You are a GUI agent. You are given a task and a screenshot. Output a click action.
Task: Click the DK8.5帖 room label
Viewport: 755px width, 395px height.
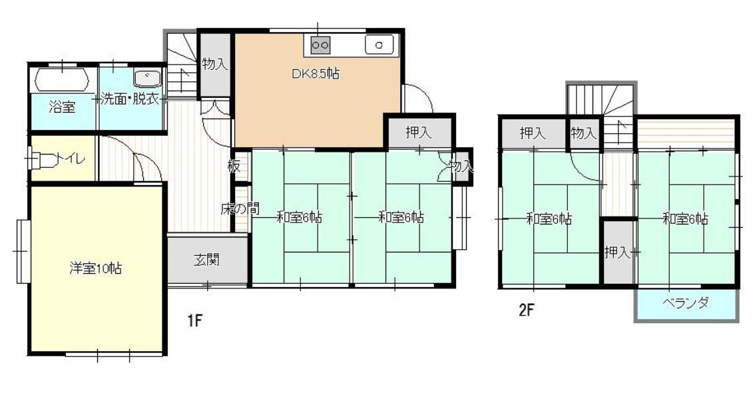pos(316,74)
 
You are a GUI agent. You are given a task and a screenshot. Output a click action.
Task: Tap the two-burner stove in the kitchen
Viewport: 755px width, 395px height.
pos(320,45)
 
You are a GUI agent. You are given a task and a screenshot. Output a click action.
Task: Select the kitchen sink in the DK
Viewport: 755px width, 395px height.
pos(379,45)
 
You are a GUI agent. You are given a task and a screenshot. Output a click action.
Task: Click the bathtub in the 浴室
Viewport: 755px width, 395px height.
pos(63,79)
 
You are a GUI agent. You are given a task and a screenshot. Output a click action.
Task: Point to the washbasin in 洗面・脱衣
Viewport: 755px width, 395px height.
pos(147,78)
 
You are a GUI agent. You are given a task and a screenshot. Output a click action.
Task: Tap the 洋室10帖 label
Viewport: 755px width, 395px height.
pos(95,268)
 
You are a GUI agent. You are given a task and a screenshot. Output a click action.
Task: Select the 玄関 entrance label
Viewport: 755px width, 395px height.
pos(207,260)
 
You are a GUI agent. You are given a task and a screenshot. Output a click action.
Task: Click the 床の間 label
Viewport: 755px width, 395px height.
pos(239,208)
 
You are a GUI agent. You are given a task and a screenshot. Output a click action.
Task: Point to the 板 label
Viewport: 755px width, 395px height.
pos(234,167)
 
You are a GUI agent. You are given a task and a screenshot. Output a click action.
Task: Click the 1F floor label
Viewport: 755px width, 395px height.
pos(194,320)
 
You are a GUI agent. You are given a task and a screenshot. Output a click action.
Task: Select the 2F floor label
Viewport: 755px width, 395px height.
pos(526,309)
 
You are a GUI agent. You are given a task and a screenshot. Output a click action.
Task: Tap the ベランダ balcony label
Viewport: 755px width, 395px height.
pos(686,303)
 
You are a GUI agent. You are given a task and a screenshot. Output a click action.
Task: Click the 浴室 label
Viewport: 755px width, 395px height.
pos(62,107)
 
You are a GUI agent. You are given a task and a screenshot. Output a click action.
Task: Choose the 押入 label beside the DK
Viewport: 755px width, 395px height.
pos(418,131)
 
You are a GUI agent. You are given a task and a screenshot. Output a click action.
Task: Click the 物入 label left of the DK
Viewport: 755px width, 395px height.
pos(215,63)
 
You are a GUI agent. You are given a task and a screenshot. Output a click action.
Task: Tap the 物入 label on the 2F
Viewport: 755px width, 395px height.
pos(584,133)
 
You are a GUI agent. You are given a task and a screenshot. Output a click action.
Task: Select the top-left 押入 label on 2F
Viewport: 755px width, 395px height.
pos(533,133)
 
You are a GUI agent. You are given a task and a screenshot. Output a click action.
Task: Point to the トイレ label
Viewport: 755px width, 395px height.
pos(72,158)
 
